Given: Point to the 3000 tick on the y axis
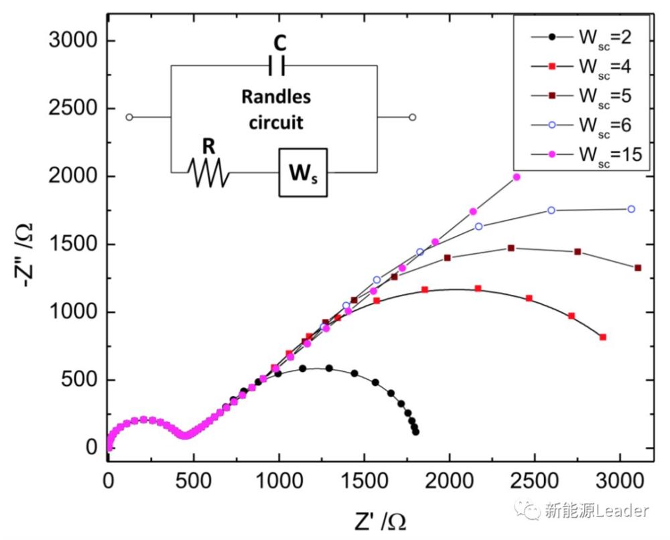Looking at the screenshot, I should click(73, 41).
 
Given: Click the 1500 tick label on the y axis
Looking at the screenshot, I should click(73, 245).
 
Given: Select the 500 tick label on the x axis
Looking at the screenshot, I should click(194, 480).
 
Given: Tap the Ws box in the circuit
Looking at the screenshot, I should click(304, 173).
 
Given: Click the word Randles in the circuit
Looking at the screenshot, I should click(276, 97).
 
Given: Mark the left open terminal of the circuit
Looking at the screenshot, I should click(129, 117).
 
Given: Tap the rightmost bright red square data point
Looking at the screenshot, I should click(603, 337).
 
